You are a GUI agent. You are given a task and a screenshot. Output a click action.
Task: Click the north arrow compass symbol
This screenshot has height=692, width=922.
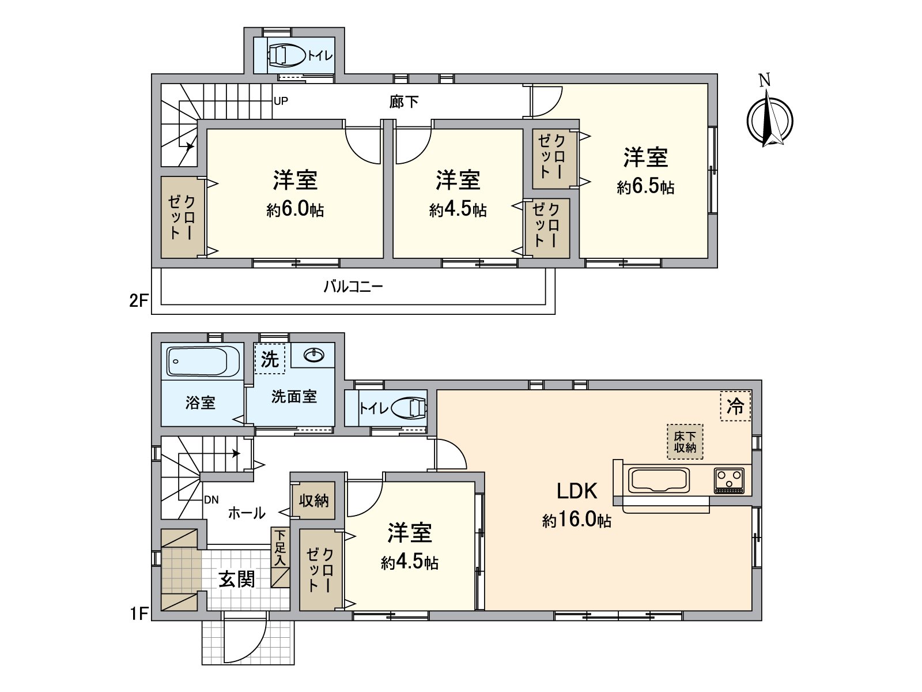[769, 120]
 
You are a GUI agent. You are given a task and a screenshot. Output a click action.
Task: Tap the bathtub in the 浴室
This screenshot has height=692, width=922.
[203, 362]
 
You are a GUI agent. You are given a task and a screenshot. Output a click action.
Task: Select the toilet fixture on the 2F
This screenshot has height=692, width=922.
[286, 55]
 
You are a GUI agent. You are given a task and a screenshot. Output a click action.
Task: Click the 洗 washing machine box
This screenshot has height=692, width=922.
[269, 359]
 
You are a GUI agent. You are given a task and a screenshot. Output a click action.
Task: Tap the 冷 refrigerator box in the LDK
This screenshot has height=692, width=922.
[735, 406]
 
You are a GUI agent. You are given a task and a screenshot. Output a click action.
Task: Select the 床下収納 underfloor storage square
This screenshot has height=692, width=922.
[685, 442]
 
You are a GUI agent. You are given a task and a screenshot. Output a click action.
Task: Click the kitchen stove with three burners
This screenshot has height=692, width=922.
[729, 480]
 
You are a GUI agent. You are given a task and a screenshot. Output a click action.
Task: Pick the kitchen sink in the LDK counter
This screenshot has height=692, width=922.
[659, 480]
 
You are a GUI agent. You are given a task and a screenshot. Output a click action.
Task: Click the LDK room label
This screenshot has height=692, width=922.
[577, 491]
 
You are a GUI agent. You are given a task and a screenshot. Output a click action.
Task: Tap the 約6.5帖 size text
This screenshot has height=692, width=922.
[645, 187]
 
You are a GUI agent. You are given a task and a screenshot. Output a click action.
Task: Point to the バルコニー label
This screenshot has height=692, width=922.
[353, 287]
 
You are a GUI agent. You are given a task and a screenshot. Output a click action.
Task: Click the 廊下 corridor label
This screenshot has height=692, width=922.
[403, 103]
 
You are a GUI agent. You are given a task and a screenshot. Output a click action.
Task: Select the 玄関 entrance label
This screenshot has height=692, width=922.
[236, 578]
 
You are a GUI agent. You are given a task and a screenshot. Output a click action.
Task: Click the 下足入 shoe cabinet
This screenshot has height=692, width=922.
[280, 558]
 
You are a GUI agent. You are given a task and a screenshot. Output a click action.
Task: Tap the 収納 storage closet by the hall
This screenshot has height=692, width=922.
[313, 501]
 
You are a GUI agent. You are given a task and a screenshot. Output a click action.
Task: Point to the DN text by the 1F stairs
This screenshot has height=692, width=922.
[211, 500]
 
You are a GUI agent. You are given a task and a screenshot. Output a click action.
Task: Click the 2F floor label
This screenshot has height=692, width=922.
[139, 300]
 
